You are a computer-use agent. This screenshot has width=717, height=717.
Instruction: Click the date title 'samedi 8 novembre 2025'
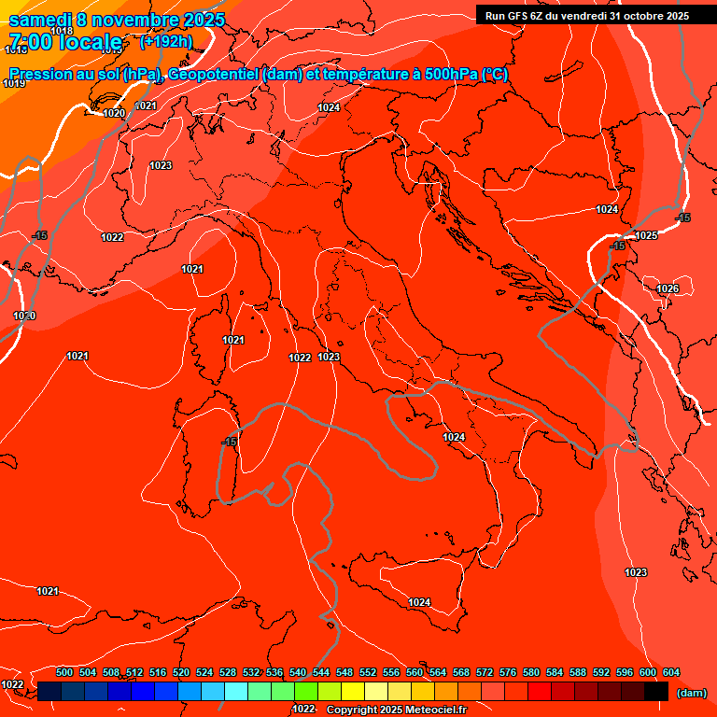click(117, 19)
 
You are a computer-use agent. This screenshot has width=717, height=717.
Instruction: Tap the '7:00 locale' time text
click(65, 42)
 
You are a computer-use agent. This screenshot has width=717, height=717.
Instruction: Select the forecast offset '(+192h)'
click(166, 41)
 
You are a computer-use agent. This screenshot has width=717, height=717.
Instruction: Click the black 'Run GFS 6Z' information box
click(586, 15)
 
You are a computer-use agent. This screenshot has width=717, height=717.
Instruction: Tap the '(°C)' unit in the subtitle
click(494, 75)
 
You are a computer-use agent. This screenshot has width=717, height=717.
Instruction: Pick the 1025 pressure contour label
click(647, 235)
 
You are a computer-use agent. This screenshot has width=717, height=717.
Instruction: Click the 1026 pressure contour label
click(668, 289)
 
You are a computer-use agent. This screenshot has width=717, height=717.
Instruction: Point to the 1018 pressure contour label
click(62, 31)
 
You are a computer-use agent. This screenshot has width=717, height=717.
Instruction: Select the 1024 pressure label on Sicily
click(419, 602)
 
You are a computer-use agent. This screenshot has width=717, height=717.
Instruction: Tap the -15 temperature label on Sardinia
click(229, 441)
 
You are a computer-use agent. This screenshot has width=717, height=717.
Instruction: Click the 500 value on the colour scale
click(64, 672)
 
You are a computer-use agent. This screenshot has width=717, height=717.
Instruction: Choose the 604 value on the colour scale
click(670, 672)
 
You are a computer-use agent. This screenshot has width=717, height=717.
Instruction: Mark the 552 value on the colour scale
click(368, 672)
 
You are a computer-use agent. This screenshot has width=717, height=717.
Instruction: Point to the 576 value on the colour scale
click(508, 672)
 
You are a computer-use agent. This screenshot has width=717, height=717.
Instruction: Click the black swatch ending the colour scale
click(656, 691)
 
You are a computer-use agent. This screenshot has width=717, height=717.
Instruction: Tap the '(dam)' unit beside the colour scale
click(691, 693)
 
